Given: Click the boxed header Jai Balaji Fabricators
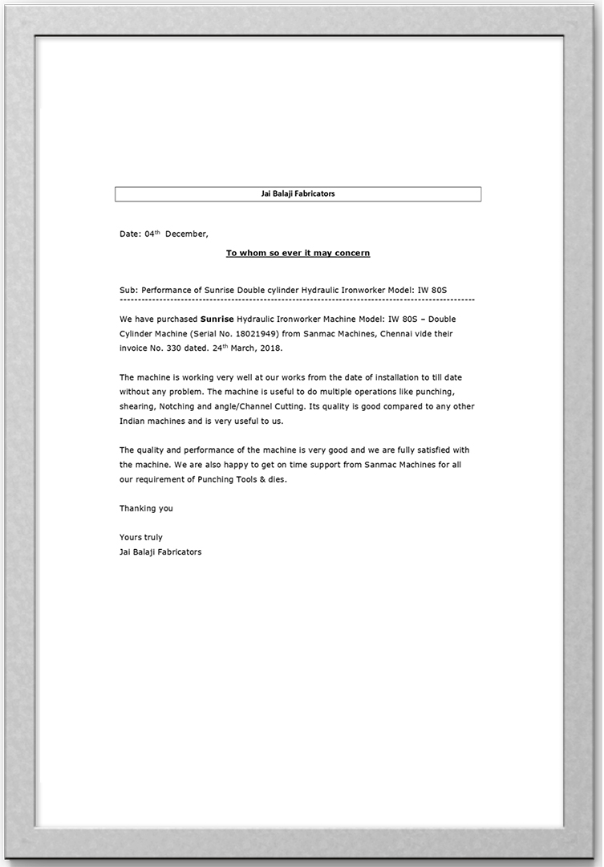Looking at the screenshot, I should [298, 193].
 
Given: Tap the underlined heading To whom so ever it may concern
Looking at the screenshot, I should [298, 253].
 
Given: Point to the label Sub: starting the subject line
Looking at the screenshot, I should [128, 287].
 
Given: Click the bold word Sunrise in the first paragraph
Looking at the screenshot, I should [217, 319].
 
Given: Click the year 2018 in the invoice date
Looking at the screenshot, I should [270, 349].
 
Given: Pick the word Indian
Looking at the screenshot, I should [132, 421].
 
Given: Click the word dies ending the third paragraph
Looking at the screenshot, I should [274, 479].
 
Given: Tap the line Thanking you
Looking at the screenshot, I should [146, 508].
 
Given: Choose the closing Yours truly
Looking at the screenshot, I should [141, 537].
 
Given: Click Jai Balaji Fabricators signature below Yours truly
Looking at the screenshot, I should [160, 552].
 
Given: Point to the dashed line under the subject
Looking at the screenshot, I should [297, 299].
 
